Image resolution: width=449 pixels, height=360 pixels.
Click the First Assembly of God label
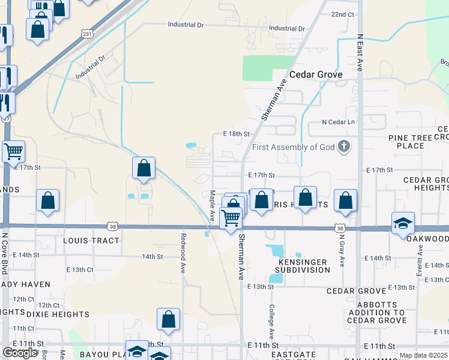coord(293,148)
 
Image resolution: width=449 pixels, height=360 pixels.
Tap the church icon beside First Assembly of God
coord(344,146)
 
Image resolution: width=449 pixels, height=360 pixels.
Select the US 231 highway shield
coord(88,35)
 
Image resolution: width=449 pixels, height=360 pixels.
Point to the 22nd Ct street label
coord(343,14)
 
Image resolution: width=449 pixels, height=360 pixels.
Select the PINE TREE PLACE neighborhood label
coord(415,142)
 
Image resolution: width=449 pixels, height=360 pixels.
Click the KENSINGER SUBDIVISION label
coord(303,266)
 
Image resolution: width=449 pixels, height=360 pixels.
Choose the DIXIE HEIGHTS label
coord(58,314)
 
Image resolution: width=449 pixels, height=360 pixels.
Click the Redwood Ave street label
coord(184,253)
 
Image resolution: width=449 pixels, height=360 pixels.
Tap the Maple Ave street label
coord(212,205)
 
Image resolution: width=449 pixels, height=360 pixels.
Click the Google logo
coord(20,353)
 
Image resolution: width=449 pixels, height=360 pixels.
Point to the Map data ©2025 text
coord(423,355)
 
